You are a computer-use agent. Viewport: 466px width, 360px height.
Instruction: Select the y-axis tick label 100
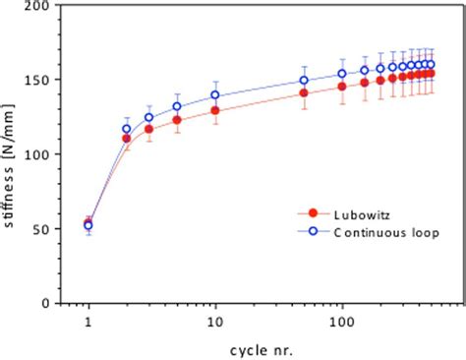click(x=39, y=154)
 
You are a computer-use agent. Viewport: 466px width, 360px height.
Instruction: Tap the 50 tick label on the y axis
click(x=43, y=229)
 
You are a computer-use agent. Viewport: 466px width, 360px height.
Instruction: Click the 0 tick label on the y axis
click(x=46, y=304)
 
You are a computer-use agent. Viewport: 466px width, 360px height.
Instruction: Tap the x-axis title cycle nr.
click(x=263, y=348)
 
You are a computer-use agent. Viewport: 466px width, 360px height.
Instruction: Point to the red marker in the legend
click(x=313, y=211)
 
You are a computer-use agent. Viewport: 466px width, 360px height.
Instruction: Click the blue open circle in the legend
click(x=313, y=232)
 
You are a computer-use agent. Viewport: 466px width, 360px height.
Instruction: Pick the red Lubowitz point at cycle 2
click(x=127, y=139)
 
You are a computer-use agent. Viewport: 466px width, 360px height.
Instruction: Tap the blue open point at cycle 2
click(x=127, y=129)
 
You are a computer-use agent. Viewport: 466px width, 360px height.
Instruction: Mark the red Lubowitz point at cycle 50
click(x=304, y=93)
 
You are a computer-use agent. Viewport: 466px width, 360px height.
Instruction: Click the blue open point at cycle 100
click(x=342, y=74)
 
